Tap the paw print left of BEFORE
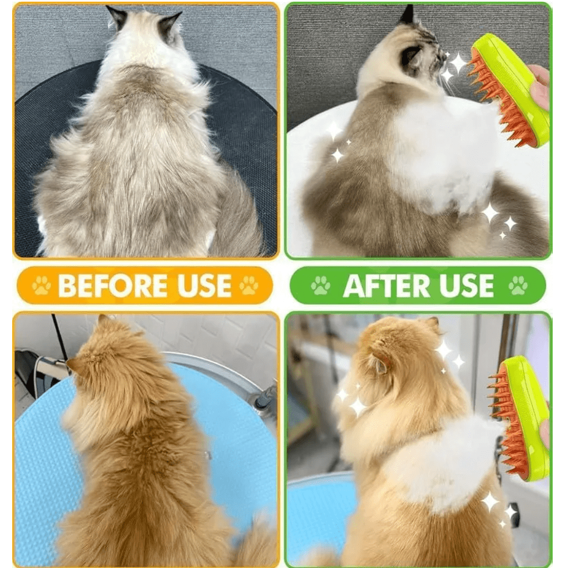(41, 285)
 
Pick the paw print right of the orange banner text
(249, 285)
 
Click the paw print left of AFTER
(320, 286)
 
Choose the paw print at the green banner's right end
(518, 286)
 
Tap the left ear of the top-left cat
(117, 16)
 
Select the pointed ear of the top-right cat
(406, 15)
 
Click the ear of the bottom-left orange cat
(75, 365)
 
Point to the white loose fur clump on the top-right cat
(446, 152)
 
